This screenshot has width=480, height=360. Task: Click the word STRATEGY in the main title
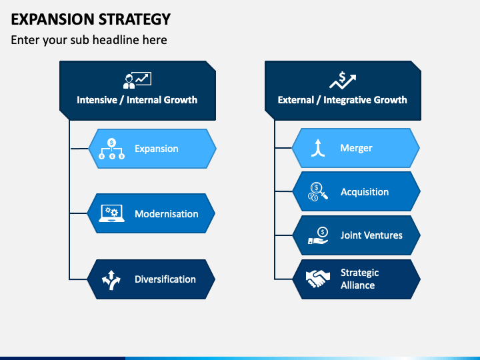(135, 19)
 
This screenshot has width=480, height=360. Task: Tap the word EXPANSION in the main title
(53, 19)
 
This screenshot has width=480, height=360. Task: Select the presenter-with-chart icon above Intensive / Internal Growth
(137, 80)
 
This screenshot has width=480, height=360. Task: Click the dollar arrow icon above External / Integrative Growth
(343, 80)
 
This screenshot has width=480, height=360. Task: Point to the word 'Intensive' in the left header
(97, 100)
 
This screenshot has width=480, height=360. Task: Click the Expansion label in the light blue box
(157, 149)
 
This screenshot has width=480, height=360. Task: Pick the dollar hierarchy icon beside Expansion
(111, 149)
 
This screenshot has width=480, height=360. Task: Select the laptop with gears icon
(111, 213)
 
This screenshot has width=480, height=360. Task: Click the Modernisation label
(167, 214)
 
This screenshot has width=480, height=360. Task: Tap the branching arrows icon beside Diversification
(111, 280)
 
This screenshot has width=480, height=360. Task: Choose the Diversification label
(165, 279)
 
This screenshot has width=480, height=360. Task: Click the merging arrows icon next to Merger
(318, 148)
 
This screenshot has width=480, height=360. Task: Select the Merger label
(356, 148)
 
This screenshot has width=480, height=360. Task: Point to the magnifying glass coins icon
(318, 191)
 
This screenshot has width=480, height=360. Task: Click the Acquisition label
(365, 192)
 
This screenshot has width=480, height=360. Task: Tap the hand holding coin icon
(318, 235)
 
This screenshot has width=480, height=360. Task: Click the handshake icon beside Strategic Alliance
(318, 279)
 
